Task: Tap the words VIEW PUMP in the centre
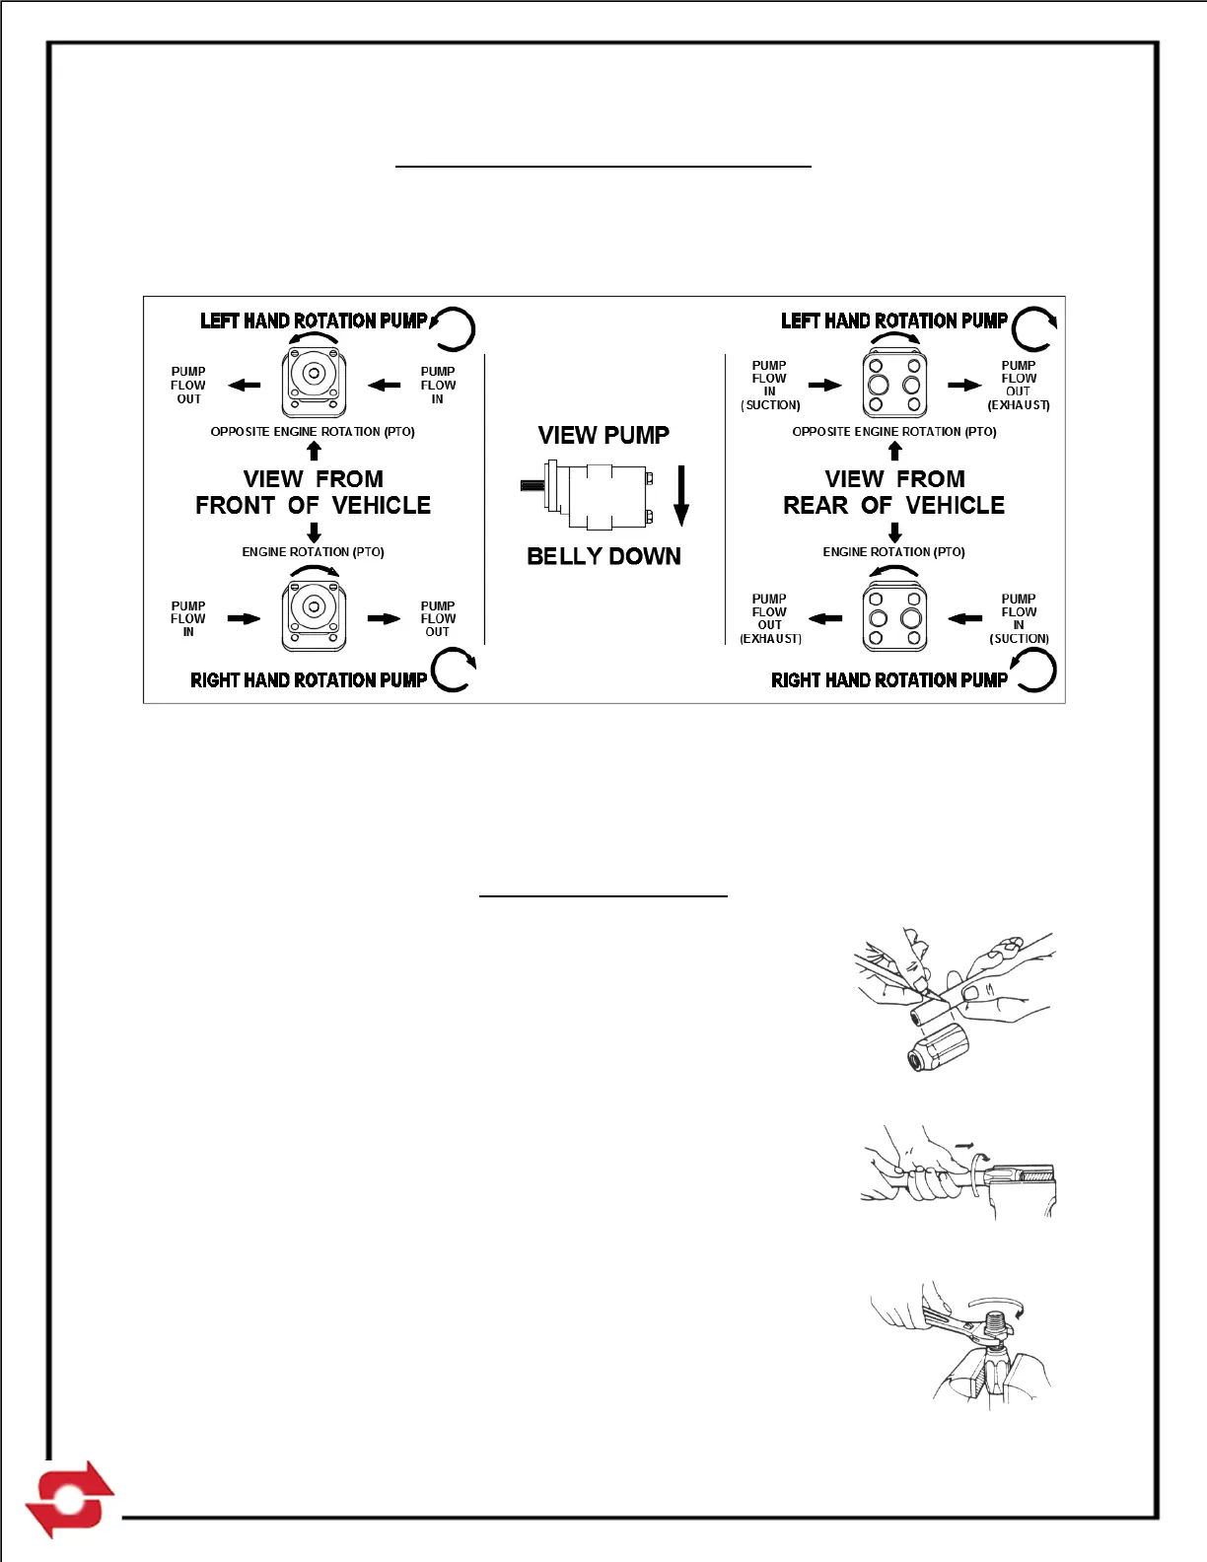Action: point(603,435)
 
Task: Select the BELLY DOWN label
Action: point(603,556)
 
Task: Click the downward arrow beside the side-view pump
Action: point(680,496)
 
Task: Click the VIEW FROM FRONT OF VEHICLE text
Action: point(314,492)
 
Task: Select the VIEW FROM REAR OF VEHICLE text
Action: point(894,492)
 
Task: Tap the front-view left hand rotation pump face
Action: point(314,384)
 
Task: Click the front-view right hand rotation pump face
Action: point(314,616)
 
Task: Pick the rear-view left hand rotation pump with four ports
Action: point(894,385)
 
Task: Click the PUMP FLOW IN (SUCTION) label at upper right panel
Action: point(770,386)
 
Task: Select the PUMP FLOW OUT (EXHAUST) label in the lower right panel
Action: point(770,618)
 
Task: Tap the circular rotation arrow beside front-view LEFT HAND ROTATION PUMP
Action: point(453,329)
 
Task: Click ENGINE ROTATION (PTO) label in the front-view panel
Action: point(314,552)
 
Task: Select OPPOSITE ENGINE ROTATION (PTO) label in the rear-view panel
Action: point(894,432)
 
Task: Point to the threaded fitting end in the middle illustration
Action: point(1026,1174)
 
